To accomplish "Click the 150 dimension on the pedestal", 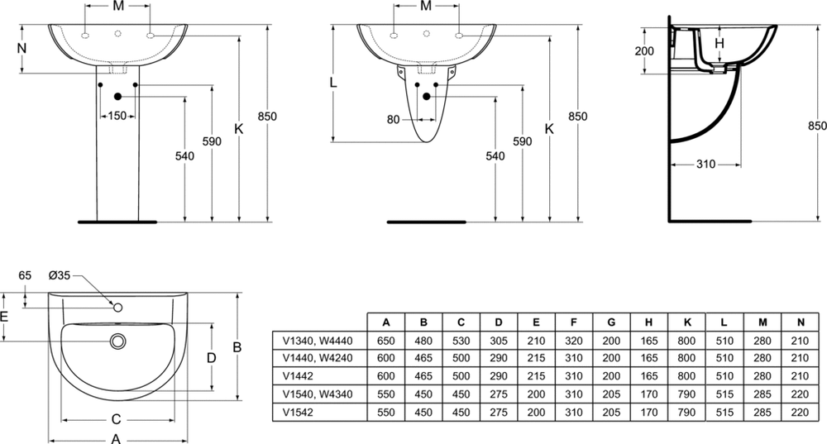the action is tap(117, 116).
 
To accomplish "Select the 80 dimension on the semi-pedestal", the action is tap(394, 120).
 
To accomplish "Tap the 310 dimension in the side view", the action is tap(705, 165).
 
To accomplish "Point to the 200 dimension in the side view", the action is tap(644, 51).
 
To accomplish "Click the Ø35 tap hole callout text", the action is tap(59, 275).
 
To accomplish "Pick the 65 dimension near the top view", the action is tap(25, 275).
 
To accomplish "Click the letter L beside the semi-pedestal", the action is tap(332, 82).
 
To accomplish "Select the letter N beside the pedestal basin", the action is tap(22, 49).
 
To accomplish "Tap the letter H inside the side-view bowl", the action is tap(719, 44).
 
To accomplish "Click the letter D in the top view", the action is tap(211, 359).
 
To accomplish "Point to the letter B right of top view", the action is tap(237, 347).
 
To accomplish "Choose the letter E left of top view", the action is tap(4, 317).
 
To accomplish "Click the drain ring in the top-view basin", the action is tap(118, 341).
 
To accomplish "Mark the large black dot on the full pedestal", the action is tap(117, 97).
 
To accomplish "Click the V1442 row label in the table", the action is tap(298, 376).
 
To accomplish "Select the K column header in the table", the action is tap(686, 322).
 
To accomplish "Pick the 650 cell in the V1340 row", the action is tap(386, 341).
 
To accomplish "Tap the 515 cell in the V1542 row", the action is tap(724, 413).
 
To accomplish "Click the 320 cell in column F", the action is tap(574, 341).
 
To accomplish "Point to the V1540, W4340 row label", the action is tap(318, 394).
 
